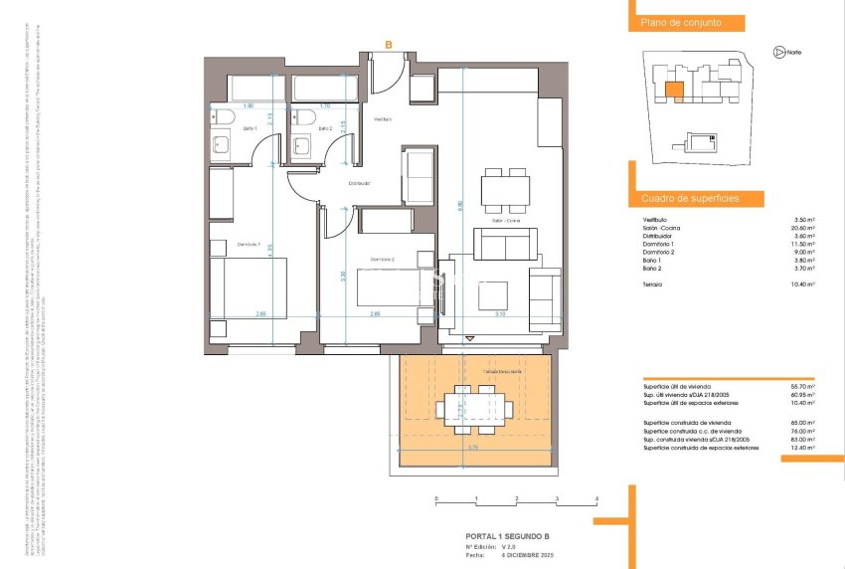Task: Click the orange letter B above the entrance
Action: [389, 44]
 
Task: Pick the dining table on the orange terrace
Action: [473, 407]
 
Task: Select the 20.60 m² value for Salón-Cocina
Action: [804, 227]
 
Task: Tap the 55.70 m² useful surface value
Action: [804, 385]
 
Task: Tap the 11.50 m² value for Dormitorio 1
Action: [804, 244]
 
